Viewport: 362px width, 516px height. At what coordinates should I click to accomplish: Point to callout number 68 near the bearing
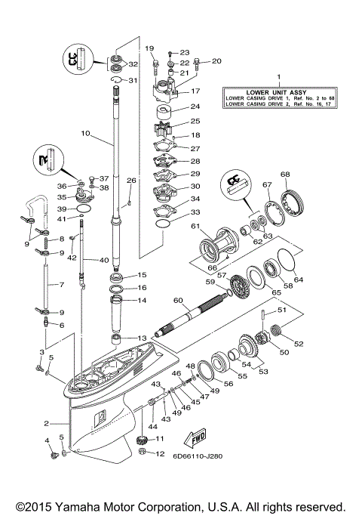tap(286, 175)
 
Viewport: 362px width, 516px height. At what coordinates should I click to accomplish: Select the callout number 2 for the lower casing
tap(46, 424)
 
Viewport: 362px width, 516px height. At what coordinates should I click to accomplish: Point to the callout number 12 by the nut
tap(159, 454)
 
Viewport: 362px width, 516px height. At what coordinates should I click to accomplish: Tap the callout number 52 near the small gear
tap(299, 344)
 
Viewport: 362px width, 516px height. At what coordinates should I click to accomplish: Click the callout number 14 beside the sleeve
tap(142, 301)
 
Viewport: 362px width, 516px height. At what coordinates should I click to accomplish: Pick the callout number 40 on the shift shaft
tap(104, 260)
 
